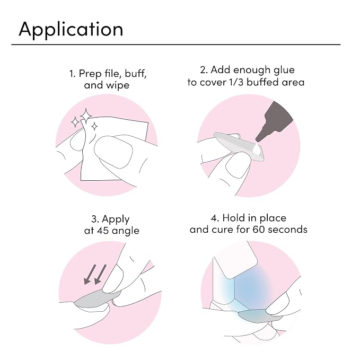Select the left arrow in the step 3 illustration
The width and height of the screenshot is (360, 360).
pos(90,274)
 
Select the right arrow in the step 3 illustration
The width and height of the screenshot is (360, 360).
pos(100,274)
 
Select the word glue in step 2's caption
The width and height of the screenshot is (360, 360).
pos(284,71)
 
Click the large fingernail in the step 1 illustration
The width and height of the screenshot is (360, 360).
pos(113,152)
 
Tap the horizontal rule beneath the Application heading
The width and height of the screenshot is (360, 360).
pos(176,45)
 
